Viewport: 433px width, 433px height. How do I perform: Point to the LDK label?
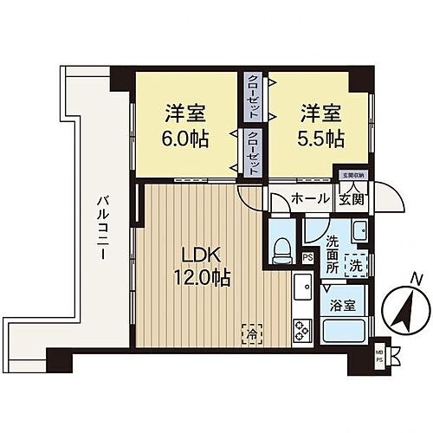201,256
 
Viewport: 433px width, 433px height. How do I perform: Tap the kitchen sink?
300,288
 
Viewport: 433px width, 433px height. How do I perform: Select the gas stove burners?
301,329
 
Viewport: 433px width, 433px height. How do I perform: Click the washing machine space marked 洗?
354,268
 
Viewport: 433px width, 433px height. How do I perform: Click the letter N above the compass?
417,279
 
